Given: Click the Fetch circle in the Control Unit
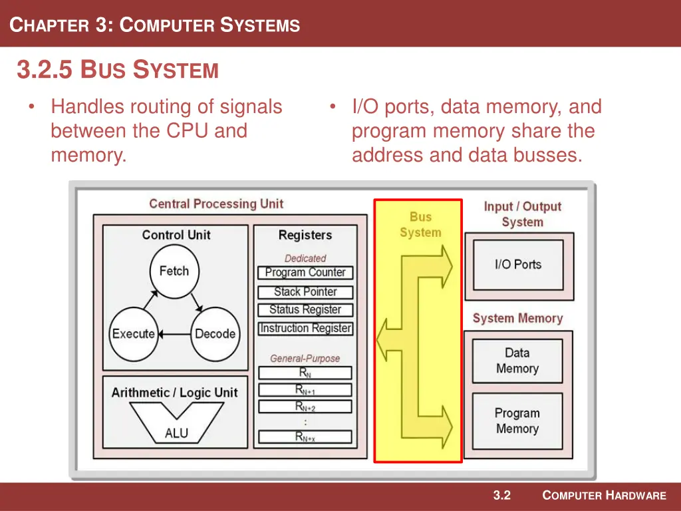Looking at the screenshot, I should (x=174, y=271).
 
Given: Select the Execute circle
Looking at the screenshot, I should (x=134, y=334).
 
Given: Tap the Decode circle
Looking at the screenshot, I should (x=215, y=334).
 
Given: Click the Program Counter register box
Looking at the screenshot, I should (x=305, y=273).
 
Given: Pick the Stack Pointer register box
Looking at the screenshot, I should (x=305, y=291).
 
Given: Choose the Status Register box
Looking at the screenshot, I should (x=305, y=310).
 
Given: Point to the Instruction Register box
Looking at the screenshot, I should (x=305, y=329).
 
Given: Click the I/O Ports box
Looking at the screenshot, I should (x=518, y=264).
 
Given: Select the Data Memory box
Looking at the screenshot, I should (x=517, y=361).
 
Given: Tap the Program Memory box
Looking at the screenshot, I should (x=517, y=421).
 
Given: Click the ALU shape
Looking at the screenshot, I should (x=176, y=426).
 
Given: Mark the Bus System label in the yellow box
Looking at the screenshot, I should (x=420, y=225).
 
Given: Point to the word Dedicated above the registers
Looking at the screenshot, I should (x=305, y=258).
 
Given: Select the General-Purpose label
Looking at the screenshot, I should (x=305, y=359).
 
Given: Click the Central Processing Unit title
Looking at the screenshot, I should (x=216, y=204).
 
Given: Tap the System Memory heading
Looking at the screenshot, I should (x=517, y=319).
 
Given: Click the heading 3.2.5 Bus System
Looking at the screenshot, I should (x=118, y=70).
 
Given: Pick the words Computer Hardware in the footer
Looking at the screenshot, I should (x=604, y=496).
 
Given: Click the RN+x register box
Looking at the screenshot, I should (x=305, y=437).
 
